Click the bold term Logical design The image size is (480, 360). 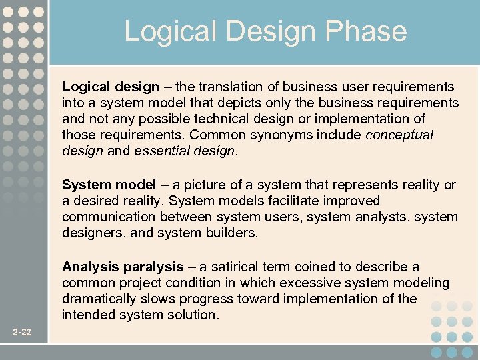111,87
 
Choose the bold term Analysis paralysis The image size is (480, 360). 123,267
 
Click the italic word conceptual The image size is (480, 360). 399,135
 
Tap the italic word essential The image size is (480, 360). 161,151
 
